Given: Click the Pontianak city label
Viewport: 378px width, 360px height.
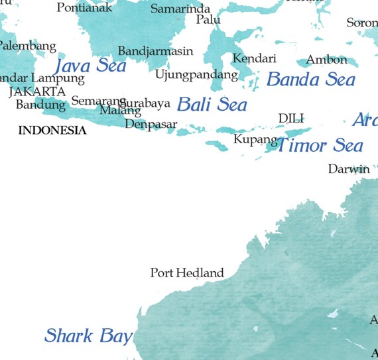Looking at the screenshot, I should point(84,8).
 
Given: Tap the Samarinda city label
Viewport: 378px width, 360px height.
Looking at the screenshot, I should point(180,9).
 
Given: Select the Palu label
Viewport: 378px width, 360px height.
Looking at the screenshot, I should point(208,20).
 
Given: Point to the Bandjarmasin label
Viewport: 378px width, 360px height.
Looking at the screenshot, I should point(155,51).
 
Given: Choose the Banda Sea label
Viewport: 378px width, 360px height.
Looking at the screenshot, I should point(310,80).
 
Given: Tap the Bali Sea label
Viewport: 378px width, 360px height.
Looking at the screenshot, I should point(212,104).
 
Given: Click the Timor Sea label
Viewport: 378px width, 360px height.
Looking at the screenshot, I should point(320,145).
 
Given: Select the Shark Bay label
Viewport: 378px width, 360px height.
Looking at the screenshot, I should point(88,335).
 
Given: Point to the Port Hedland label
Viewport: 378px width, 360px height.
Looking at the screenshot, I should point(186,272).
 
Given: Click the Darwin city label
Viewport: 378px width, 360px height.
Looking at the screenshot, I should point(349,169).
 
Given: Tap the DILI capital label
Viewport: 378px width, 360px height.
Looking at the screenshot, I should point(290,118).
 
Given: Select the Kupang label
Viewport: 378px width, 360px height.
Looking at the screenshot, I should point(255,140).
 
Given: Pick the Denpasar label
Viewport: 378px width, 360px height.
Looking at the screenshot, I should point(151,124).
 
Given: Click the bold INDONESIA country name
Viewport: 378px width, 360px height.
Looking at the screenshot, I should point(52,131).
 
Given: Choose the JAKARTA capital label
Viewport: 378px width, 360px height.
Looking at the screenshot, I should point(37,91).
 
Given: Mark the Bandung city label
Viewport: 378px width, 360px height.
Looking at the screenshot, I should point(40,105).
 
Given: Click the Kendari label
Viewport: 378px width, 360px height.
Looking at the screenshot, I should point(254,58).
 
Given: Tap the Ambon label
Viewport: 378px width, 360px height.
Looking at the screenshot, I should point(326,60).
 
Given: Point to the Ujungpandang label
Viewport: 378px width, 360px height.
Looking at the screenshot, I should point(196,74).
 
